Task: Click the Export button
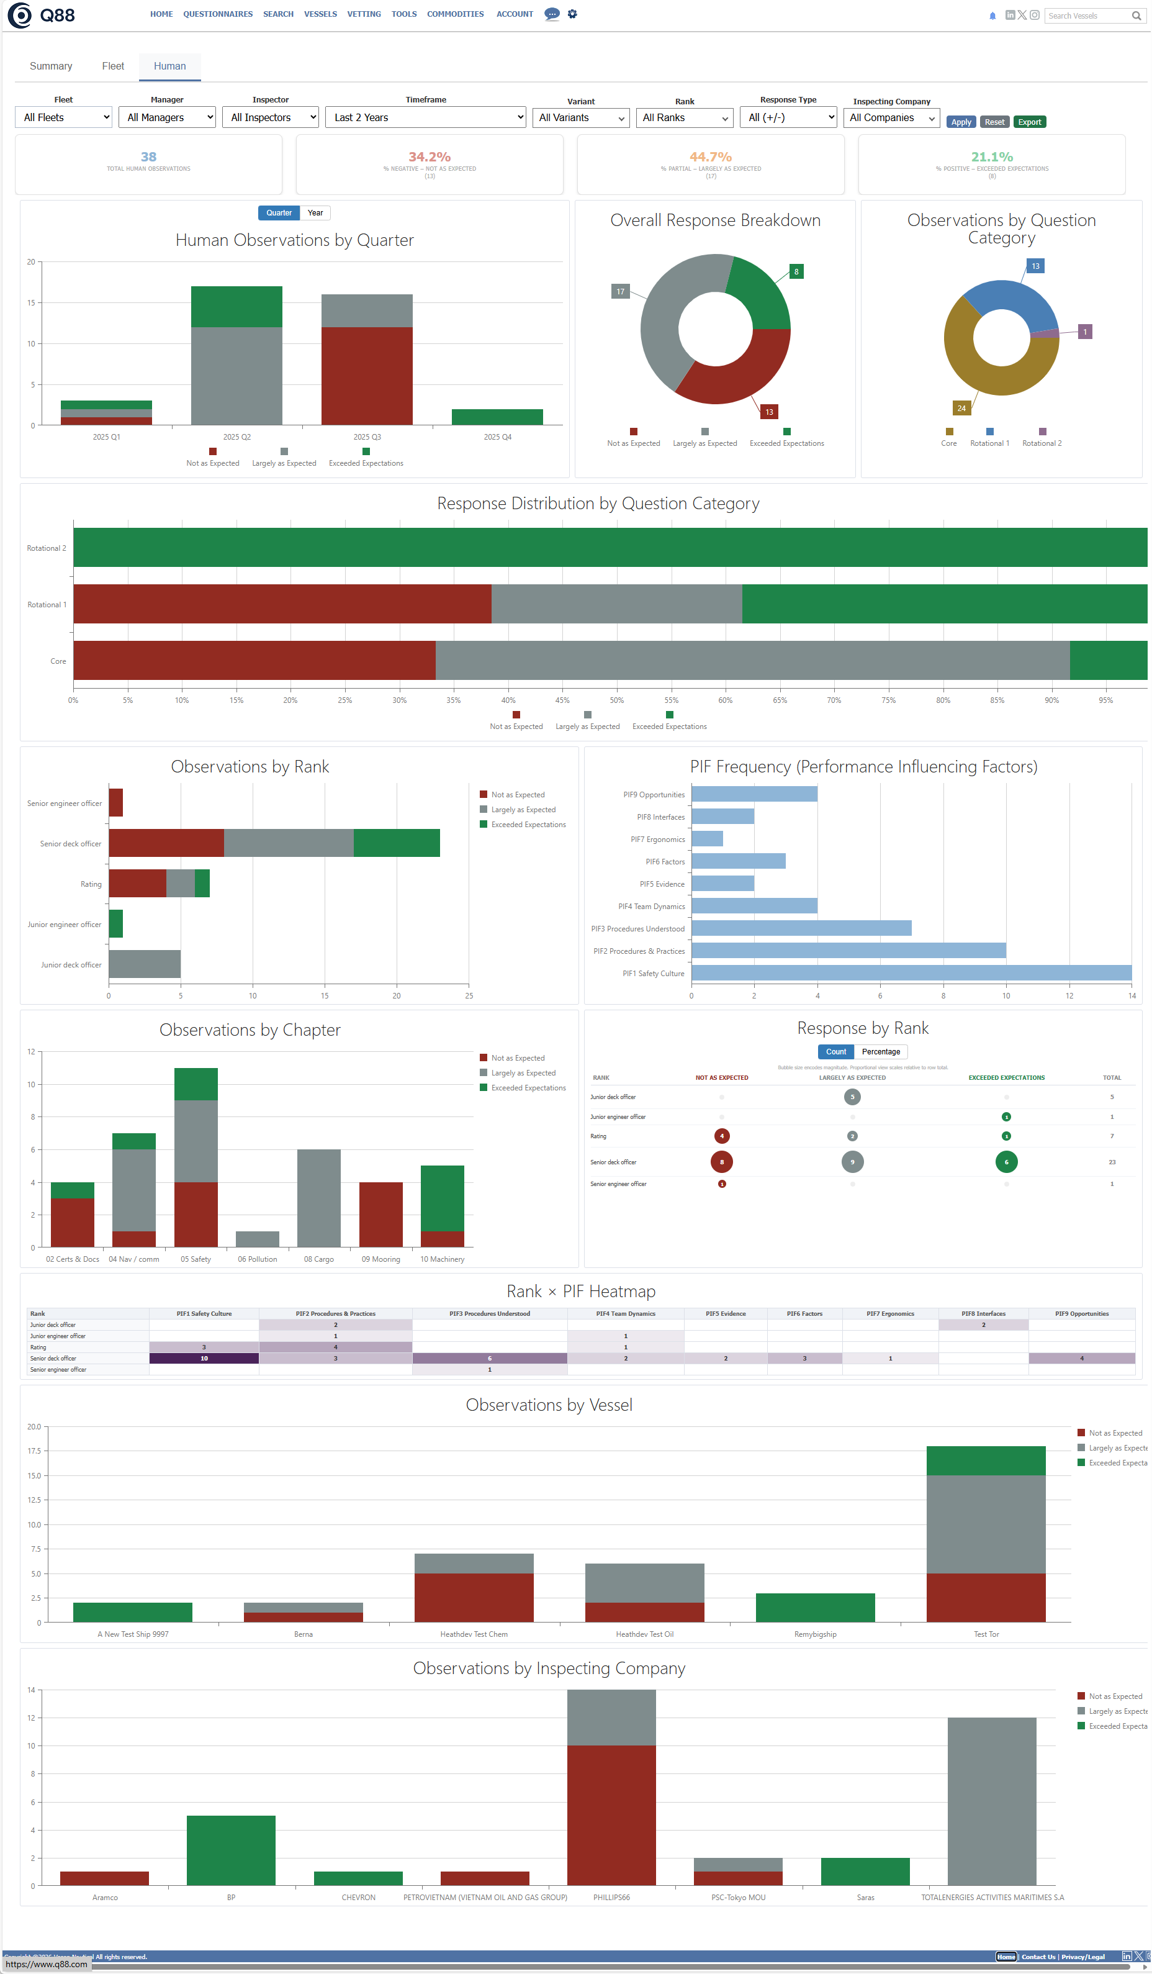[x=1029, y=122]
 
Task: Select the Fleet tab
[x=113, y=66]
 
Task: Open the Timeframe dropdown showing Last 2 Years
[x=425, y=117]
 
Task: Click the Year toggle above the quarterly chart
[x=315, y=213]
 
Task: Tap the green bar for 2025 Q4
[x=497, y=417]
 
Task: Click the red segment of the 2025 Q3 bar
[x=366, y=376]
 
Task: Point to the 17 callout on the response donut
[x=620, y=291]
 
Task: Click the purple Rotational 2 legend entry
[x=1042, y=438]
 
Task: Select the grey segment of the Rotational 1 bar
[x=616, y=604]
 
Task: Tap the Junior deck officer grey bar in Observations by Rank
[x=144, y=964]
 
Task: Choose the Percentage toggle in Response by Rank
[x=880, y=1052]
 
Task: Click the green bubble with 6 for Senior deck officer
[x=1006, y=1162]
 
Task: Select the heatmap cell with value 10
[x=204, y=1358]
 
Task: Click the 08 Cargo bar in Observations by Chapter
[x=319, y=1198]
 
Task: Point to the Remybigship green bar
[x=814, y=1608]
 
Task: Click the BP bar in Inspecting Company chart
[x=231, y=1850]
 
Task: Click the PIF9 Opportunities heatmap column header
[x=1081, y=1314]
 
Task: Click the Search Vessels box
[x=1089, y=16]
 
